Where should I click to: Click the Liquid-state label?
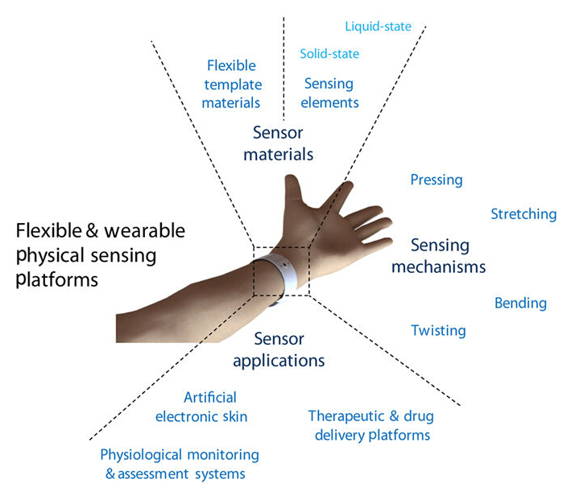378,27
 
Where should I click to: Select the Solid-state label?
329,54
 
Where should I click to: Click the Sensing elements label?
330,93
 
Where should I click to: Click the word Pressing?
437,180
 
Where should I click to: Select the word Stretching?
523,214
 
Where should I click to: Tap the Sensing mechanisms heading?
439,255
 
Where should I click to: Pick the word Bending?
520,304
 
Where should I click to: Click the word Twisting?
438,330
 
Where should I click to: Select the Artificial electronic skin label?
213,407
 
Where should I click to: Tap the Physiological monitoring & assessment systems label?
180,465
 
